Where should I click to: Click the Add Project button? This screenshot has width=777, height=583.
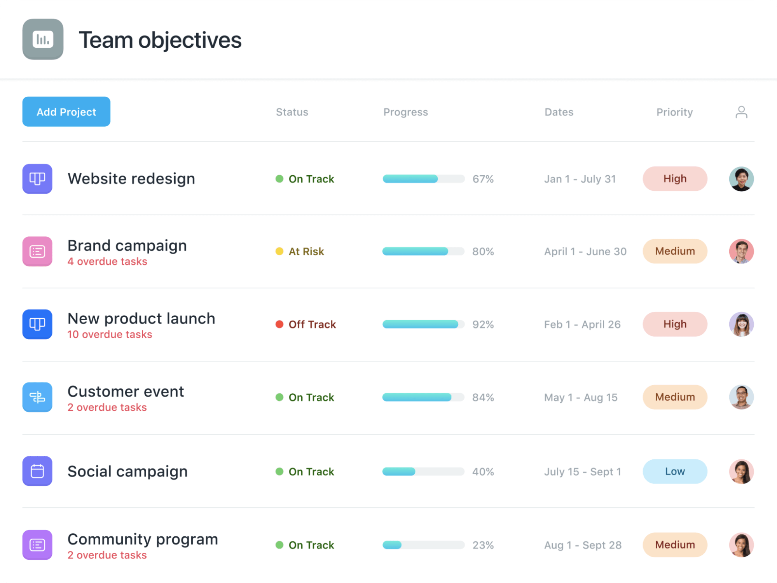[66, 112]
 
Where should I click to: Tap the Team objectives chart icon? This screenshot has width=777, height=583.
[43, 39]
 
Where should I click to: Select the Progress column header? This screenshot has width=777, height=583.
[405, 112]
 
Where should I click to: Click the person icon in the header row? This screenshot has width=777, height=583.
[741, 112]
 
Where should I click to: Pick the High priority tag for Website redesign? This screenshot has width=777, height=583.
[675, 179]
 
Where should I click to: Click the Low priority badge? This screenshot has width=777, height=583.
[675, 471]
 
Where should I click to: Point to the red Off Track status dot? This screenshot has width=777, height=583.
[279, 324]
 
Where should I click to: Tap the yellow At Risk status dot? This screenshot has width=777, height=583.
[279, 251]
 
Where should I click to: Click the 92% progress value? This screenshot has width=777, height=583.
[483, 324]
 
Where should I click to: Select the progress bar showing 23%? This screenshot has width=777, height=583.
[423, 545]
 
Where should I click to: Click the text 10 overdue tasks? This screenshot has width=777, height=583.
[110, 334]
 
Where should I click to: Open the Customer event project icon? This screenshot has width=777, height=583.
[37, 397]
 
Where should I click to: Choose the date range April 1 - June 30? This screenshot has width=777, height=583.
[585, 251]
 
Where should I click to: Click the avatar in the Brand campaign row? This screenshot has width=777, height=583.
[741, 251]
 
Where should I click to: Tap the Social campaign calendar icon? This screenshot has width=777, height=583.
[37, 471]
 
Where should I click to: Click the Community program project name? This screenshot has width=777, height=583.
[143, 539]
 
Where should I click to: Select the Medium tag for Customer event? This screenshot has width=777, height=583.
[675, 397]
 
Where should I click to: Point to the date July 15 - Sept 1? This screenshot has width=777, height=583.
[582, 471]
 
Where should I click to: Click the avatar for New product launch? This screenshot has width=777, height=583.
[741, 324]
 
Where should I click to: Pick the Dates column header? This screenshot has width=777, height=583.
[559, 112]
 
